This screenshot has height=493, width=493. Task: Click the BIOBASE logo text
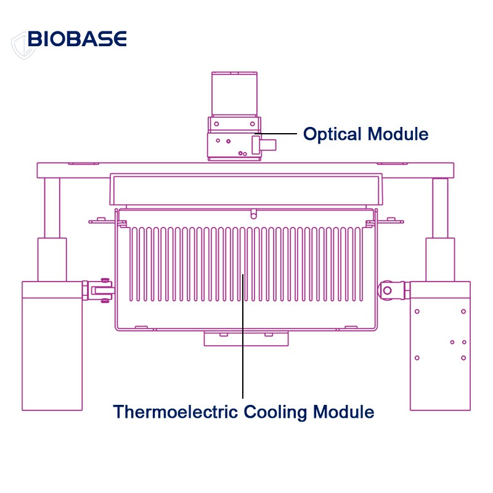tap(77, 39)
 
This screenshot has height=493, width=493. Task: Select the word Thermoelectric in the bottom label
tap(176, 411)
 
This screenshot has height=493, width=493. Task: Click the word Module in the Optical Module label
tap(397, 134)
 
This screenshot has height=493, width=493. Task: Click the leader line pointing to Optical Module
tap(277, 134)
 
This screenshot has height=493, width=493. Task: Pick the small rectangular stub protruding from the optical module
tap(269, 145)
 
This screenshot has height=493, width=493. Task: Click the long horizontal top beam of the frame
tap(245, 169)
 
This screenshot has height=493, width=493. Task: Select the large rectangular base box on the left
tap(52, 345)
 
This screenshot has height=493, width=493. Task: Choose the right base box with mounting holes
tap(441, 345)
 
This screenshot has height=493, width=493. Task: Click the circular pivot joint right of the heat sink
tap(387, 289)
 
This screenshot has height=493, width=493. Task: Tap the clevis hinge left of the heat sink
tap(101, 289)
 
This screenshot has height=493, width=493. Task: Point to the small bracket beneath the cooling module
tap(246, 338)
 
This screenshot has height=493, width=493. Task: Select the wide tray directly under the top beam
tap(245, 189)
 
